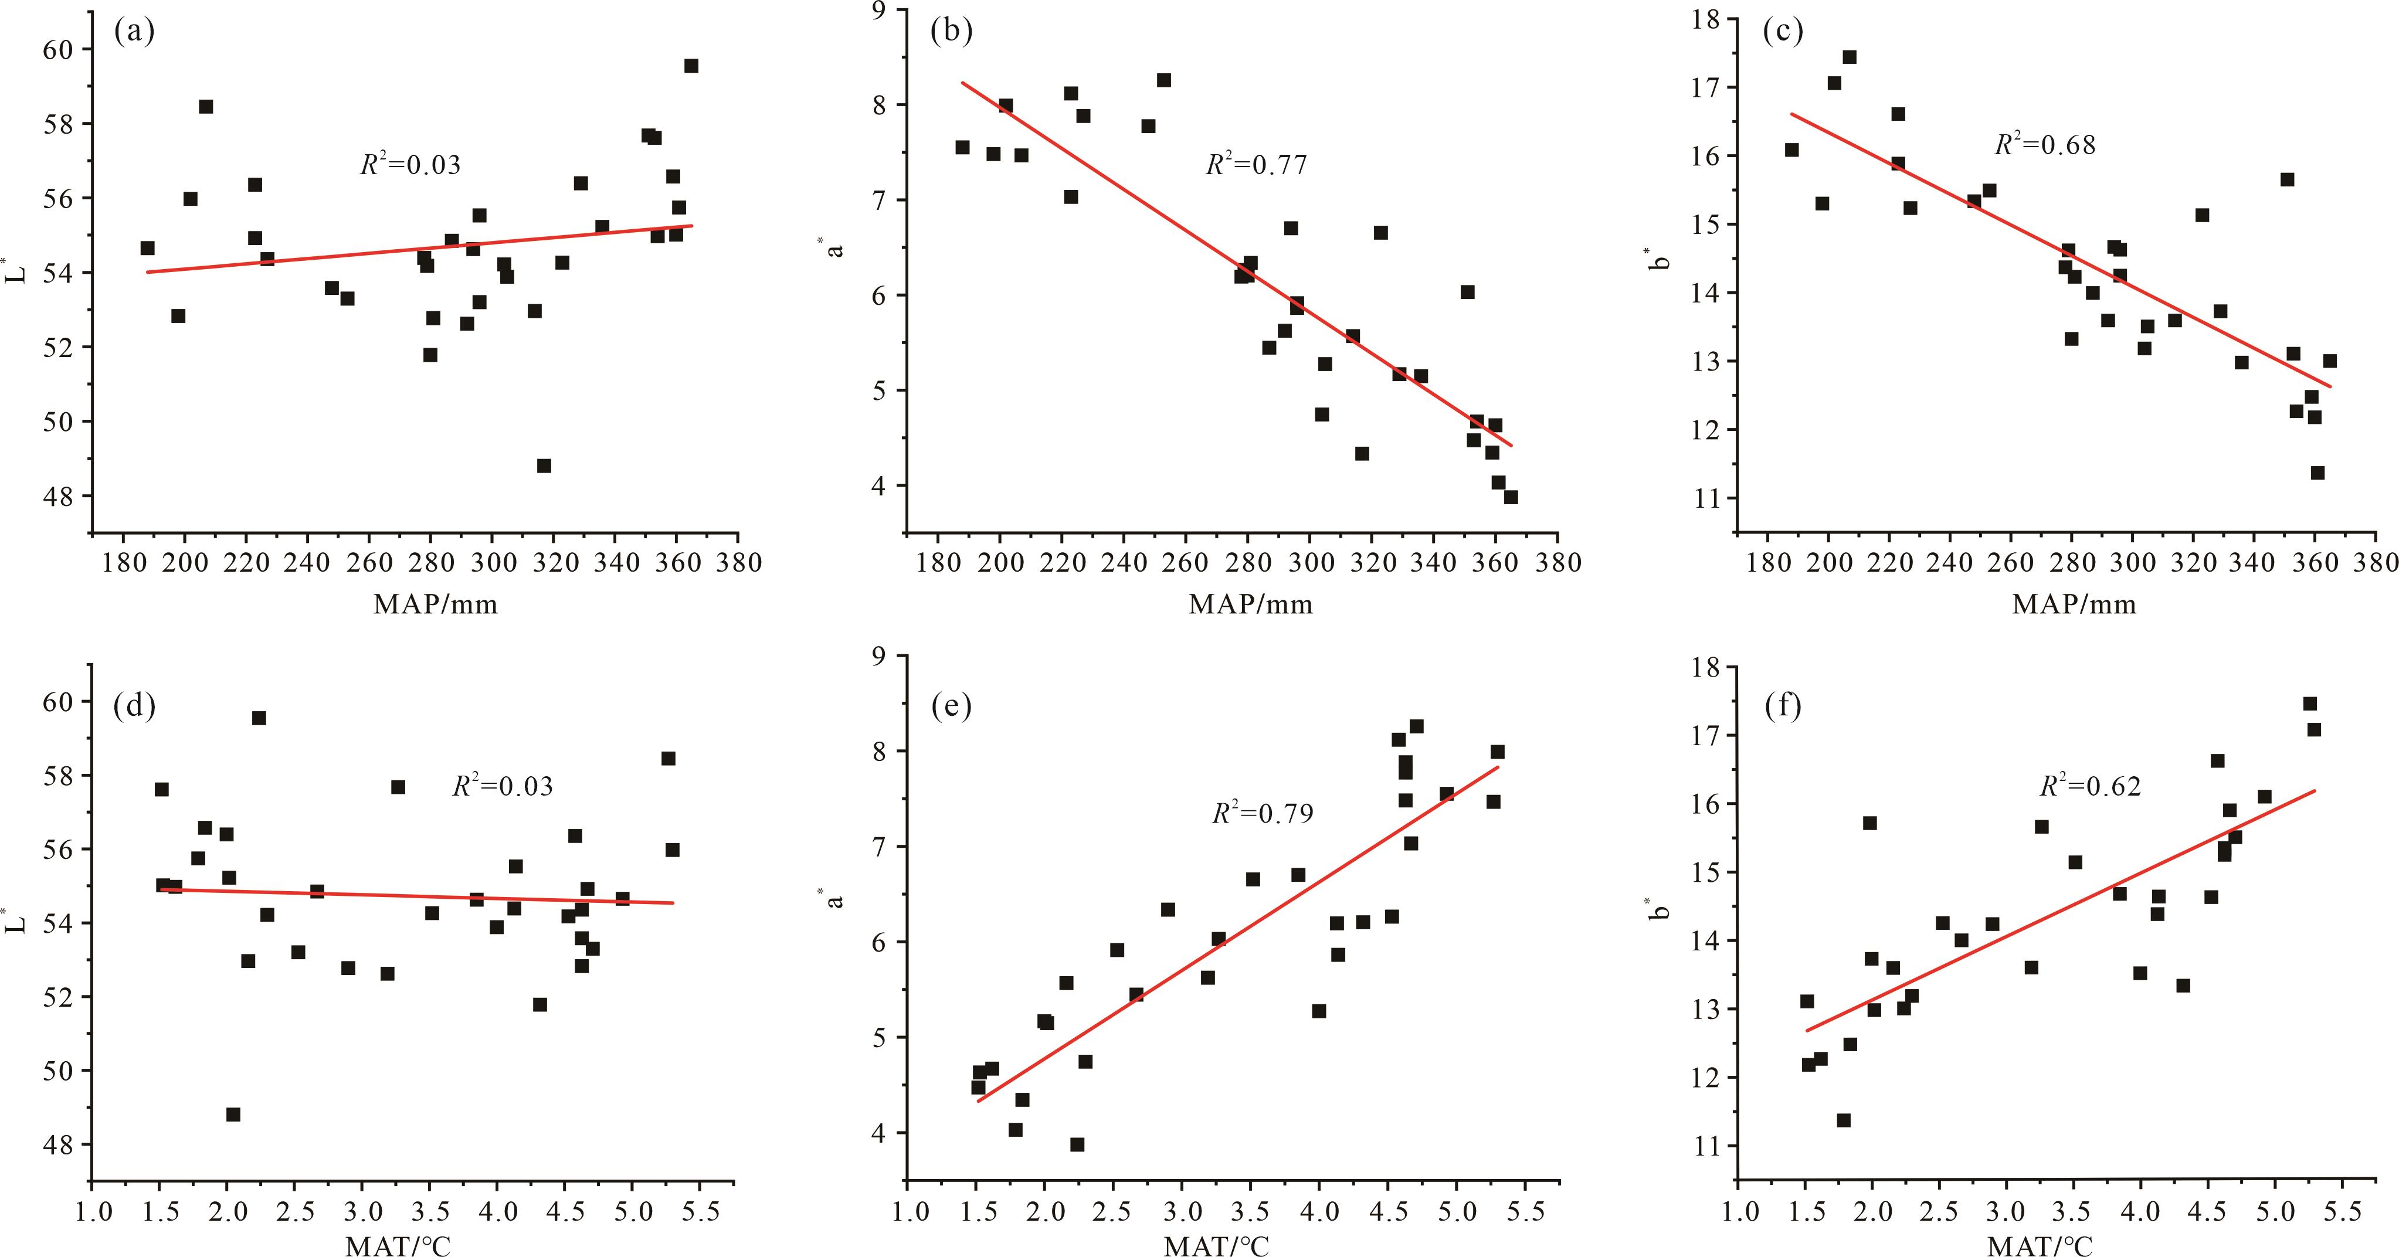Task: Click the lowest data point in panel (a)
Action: (x=544, y=466)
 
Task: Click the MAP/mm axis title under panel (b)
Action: (x=1250, y=605)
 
